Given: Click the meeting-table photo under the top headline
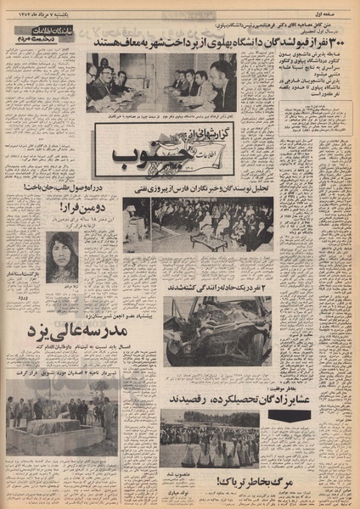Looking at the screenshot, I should (161, 83).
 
